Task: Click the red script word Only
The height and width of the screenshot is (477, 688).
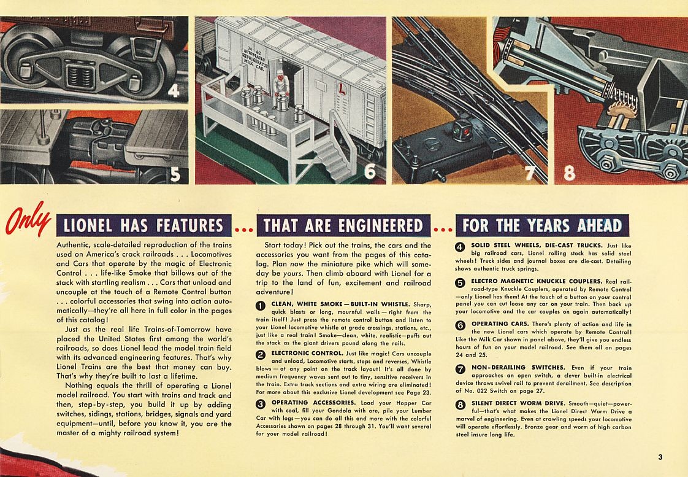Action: click(x=28, y=219)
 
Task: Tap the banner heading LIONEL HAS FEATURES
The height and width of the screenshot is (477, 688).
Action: click(x=142, y=225)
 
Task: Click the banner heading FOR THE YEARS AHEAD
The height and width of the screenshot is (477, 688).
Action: click(x=542, y=225)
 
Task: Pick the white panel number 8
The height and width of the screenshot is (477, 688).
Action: click(x=568, y=174)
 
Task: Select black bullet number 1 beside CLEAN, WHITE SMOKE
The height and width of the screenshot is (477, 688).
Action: click(x=260, y=306)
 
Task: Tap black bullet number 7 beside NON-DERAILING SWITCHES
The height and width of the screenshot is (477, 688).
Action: click(x=461, y=369)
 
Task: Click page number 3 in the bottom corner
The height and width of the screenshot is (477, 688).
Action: click(x=660, y=456)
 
